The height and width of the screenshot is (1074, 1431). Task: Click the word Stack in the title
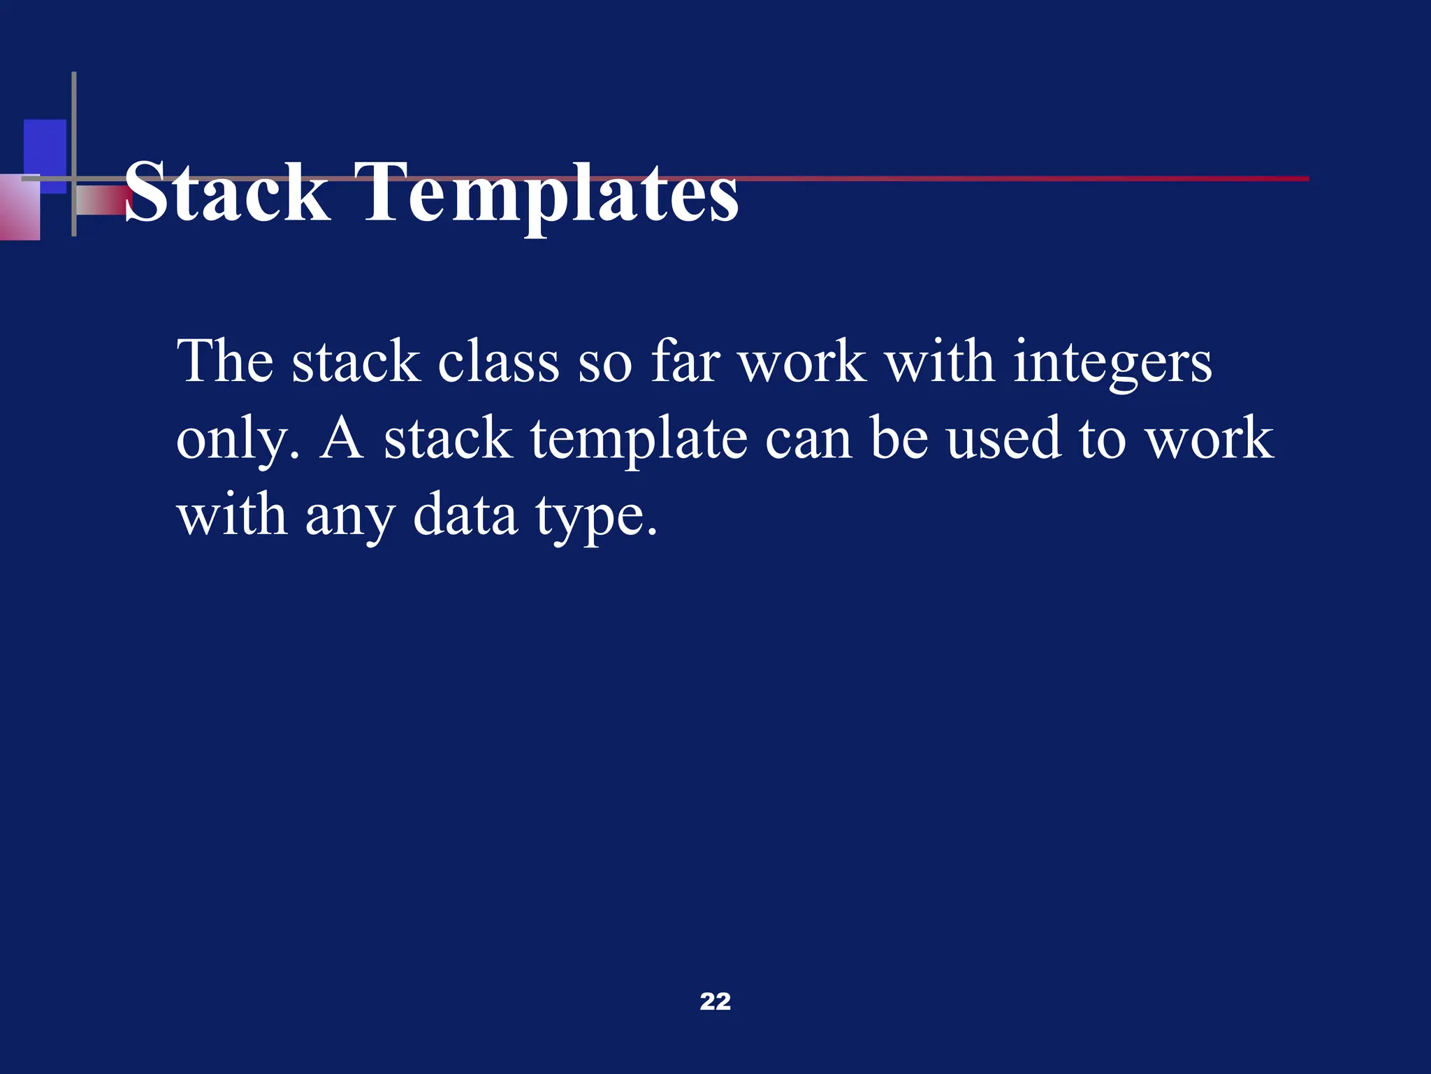pos(227,192)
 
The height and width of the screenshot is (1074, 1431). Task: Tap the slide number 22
pos(715,1001)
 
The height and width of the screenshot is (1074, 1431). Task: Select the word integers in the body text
pos(1112,364)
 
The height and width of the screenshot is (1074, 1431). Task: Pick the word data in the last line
pos(465,515)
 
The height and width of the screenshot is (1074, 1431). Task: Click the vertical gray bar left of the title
pos(74,154)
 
